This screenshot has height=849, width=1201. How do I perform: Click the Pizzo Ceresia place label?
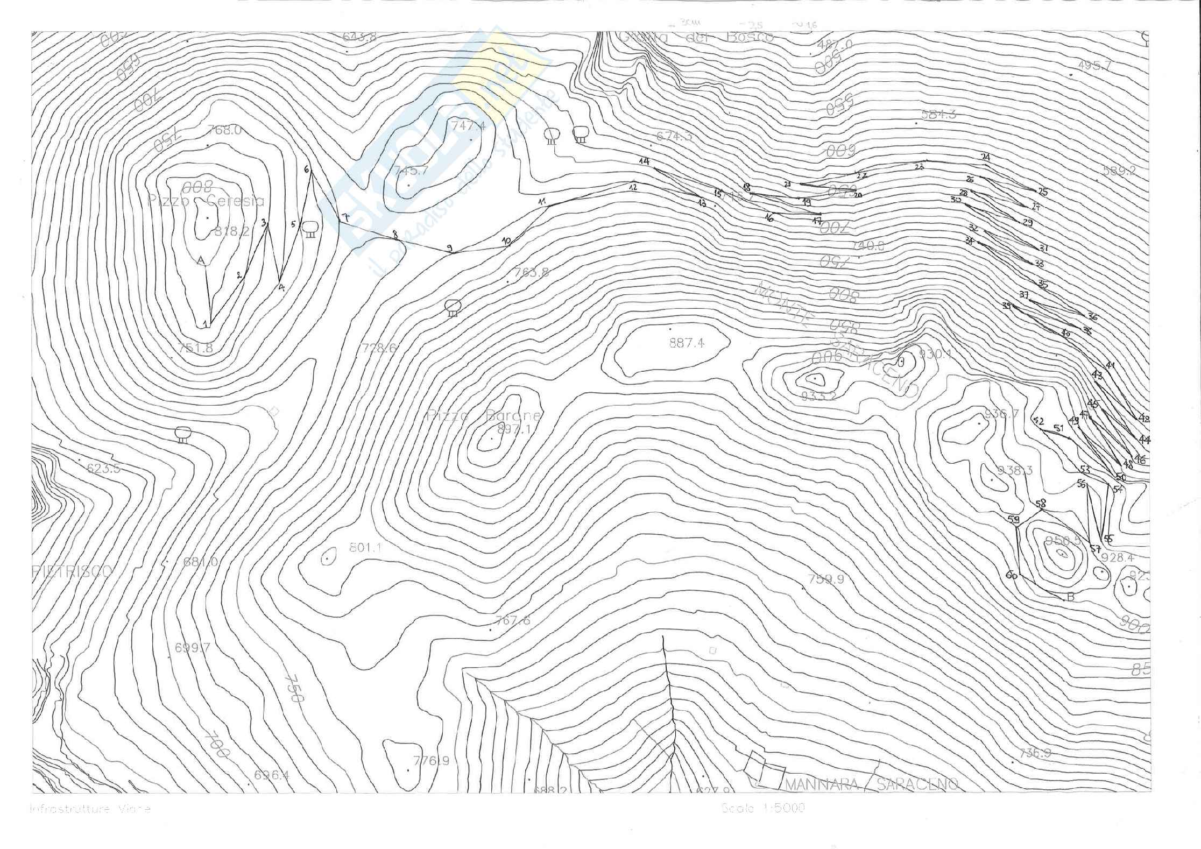[206, 201]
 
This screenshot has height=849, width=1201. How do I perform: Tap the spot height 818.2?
[232, 231]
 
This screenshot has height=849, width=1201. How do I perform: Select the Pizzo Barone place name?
[484, 415]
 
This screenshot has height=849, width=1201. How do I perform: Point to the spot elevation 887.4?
[687, 343]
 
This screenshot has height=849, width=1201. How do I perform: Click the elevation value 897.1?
[514, 429]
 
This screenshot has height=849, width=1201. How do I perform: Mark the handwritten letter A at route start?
[201, 261]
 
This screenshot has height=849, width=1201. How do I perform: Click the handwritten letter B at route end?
[1070, 597]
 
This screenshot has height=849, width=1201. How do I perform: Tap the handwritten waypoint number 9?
[450, 248]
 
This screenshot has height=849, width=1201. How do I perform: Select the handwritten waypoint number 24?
[985, 157]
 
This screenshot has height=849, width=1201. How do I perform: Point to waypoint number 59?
[1013, 519]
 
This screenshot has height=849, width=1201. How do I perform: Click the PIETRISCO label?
[72, 571]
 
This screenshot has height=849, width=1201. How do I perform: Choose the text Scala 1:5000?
[763, 808]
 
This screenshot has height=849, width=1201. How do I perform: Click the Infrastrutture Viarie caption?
[90, 809]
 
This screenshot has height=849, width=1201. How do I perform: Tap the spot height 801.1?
[365, 548]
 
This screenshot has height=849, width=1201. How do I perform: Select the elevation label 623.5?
[103, 468]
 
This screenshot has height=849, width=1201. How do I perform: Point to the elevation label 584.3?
[938, 114]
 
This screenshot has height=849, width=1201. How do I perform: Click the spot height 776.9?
[431, 761]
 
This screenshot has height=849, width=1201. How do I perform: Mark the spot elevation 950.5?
[1062, 540]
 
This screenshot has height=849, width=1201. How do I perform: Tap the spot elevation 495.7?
[1094, 66]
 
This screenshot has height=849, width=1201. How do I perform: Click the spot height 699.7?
[192, 647]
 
